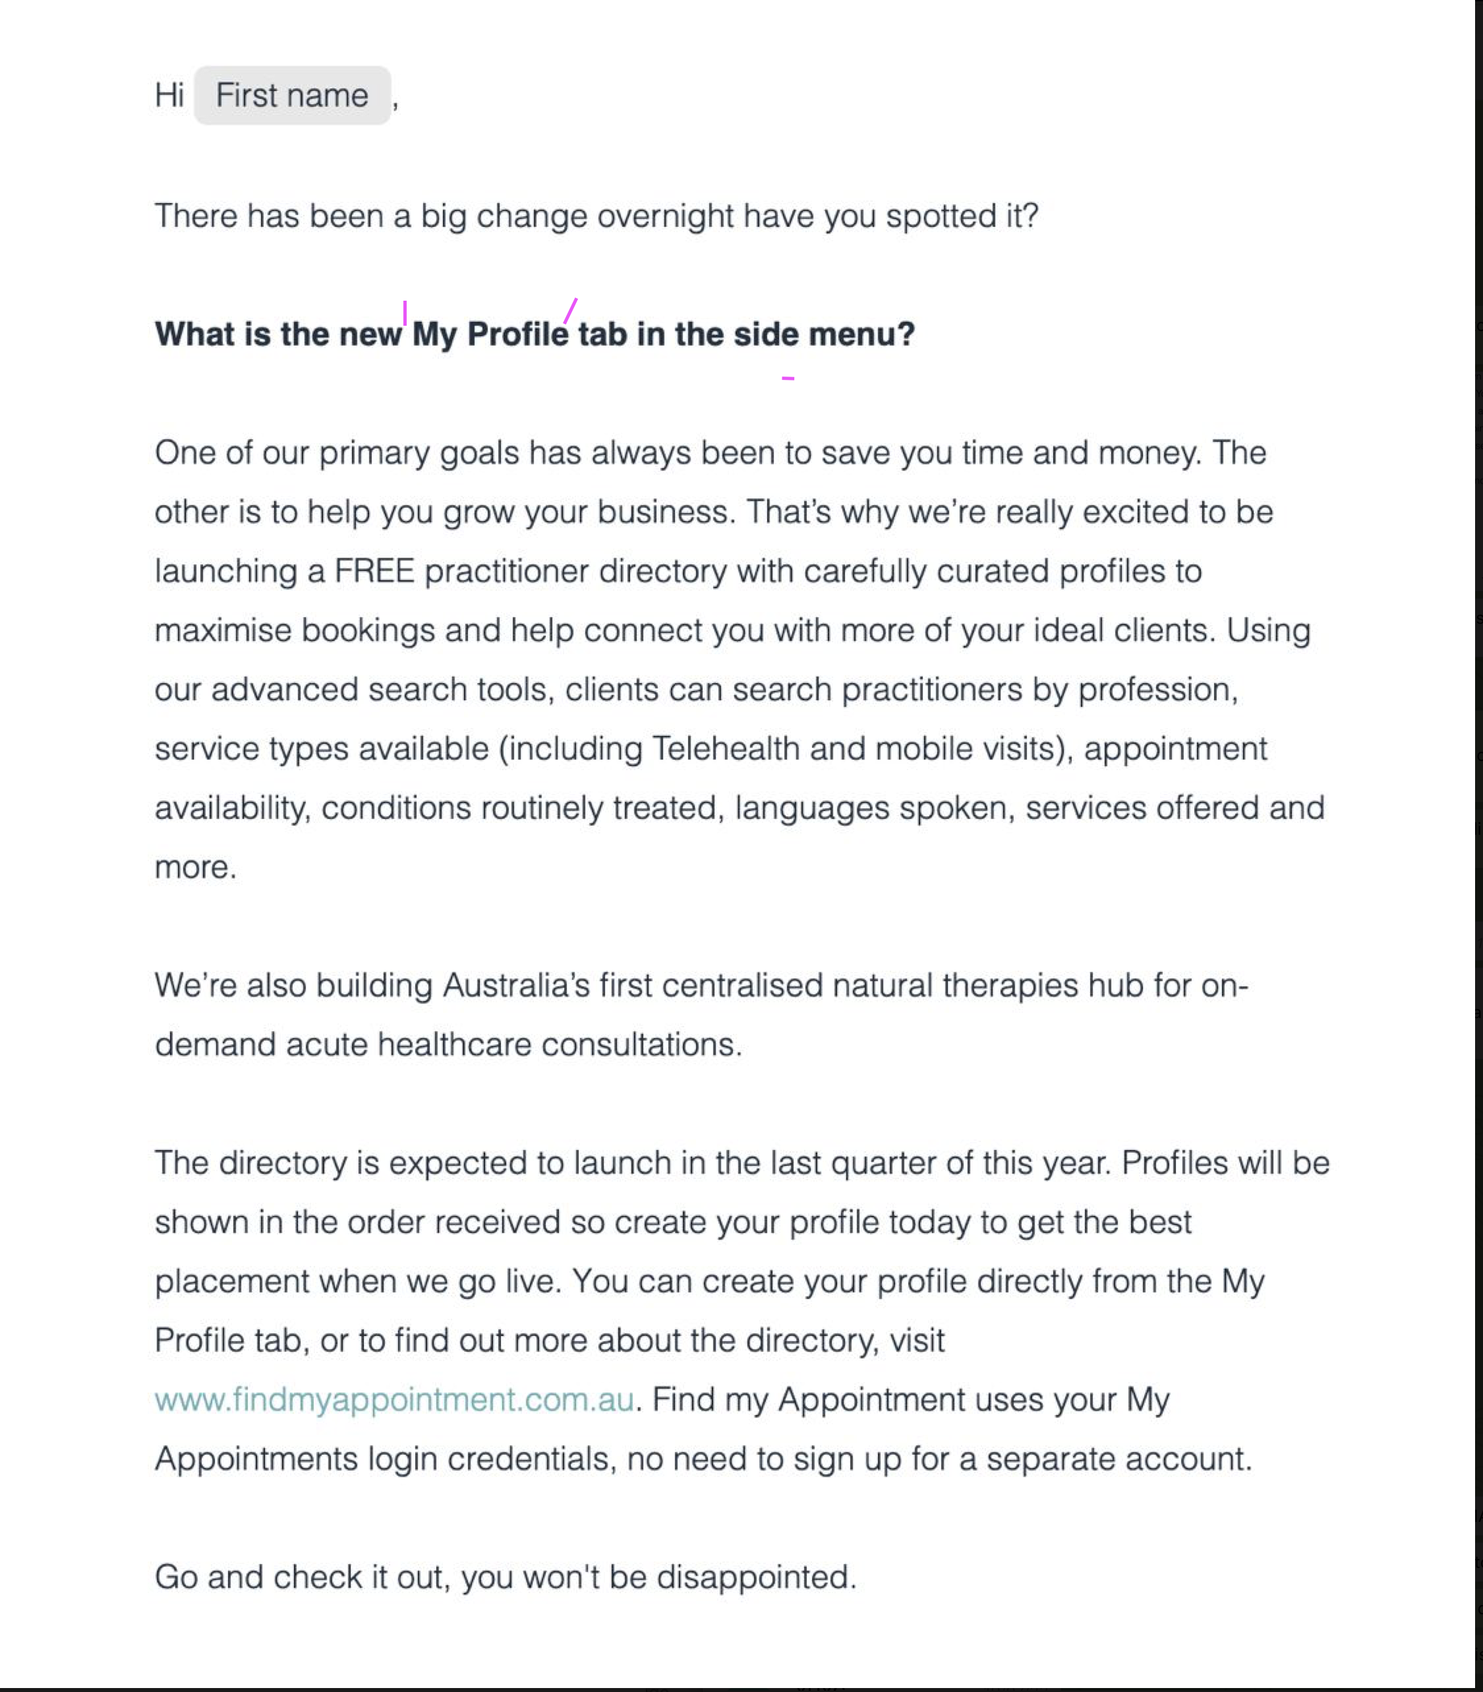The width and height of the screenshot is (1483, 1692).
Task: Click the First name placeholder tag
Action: [x=291, y=96]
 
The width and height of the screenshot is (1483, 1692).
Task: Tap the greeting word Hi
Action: [x=169, y=96]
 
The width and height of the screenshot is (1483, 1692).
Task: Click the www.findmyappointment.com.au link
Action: [x=394, y=1400]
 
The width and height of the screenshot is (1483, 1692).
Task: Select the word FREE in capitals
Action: [x=374, y=571]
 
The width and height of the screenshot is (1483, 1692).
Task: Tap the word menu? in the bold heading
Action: [x=861, y=334]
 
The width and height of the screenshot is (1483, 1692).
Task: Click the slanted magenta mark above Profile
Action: [x=570, y=311]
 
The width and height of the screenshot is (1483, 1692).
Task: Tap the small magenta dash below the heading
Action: [x=788, y=378]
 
